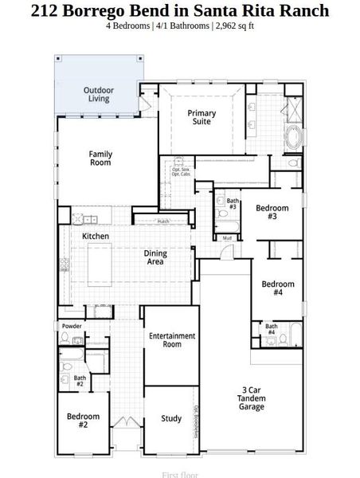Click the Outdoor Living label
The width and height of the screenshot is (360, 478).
point(99,94)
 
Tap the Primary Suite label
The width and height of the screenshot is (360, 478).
point(202,118)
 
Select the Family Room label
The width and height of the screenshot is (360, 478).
point(100,158)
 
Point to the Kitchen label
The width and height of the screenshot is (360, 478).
point(96,237)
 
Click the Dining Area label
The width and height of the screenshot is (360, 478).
point(155,257)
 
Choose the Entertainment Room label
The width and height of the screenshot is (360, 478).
point(172,340)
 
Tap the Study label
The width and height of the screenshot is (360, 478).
point(171,418)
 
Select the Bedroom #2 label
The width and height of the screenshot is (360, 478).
point(83,421)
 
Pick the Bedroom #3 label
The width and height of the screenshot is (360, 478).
point(272,212)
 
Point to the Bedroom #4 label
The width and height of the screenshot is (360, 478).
point(278,288)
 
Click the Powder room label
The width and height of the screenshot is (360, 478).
point(72,326)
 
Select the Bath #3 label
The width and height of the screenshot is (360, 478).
point(233,204)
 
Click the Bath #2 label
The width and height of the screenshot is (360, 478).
point(80,381)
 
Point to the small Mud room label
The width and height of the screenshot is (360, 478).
point(227,238)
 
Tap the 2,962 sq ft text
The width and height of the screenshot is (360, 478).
point(234,25)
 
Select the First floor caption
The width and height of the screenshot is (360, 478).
point(179,474)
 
